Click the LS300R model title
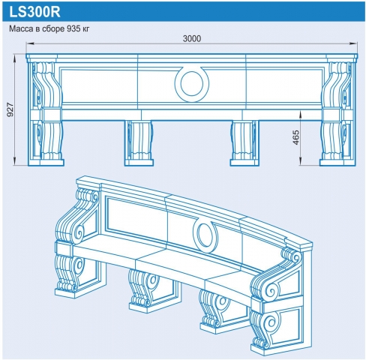tap(34, 12)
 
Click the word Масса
tap(21, 29)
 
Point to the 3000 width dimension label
tap(192, 39)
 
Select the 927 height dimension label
tap(10, 109)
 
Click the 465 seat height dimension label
tap(296, 138)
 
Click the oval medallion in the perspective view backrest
tap(205, 234)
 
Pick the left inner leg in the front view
tap(139, 143)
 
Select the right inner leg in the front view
tap(244, 143)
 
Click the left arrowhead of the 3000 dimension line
tap(29, 44)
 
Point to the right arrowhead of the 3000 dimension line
tap(354, 44)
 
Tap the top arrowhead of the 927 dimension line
tap(15, 57)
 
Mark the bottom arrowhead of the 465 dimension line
tap(301, 162)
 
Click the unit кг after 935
tap(85, 29)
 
